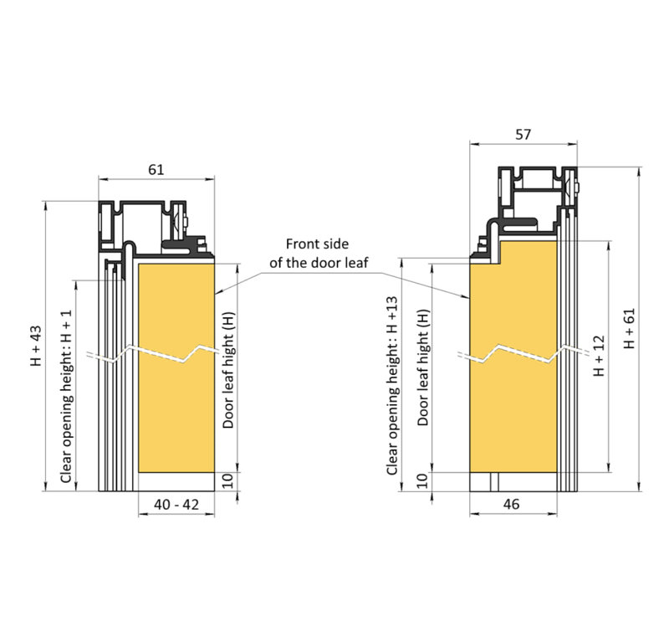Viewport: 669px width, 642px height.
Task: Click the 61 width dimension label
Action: [x=156, y=170]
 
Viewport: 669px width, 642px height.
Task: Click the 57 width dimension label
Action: [x=523, y=135]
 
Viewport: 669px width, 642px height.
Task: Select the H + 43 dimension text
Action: [x=36, y=346]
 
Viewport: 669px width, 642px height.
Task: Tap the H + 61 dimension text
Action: [x=630, y=328]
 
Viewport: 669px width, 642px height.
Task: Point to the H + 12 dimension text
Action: [x=600, y=356]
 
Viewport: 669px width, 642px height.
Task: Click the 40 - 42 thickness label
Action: [x=176, y=505]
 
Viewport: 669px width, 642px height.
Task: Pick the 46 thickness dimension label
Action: [x=511, y=505]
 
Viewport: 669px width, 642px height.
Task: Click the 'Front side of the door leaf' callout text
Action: [x=318, y=254]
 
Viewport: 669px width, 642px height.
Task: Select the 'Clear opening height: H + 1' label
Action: [x=67, y=397]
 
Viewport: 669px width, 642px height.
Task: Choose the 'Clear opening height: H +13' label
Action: [x=392, y=386]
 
